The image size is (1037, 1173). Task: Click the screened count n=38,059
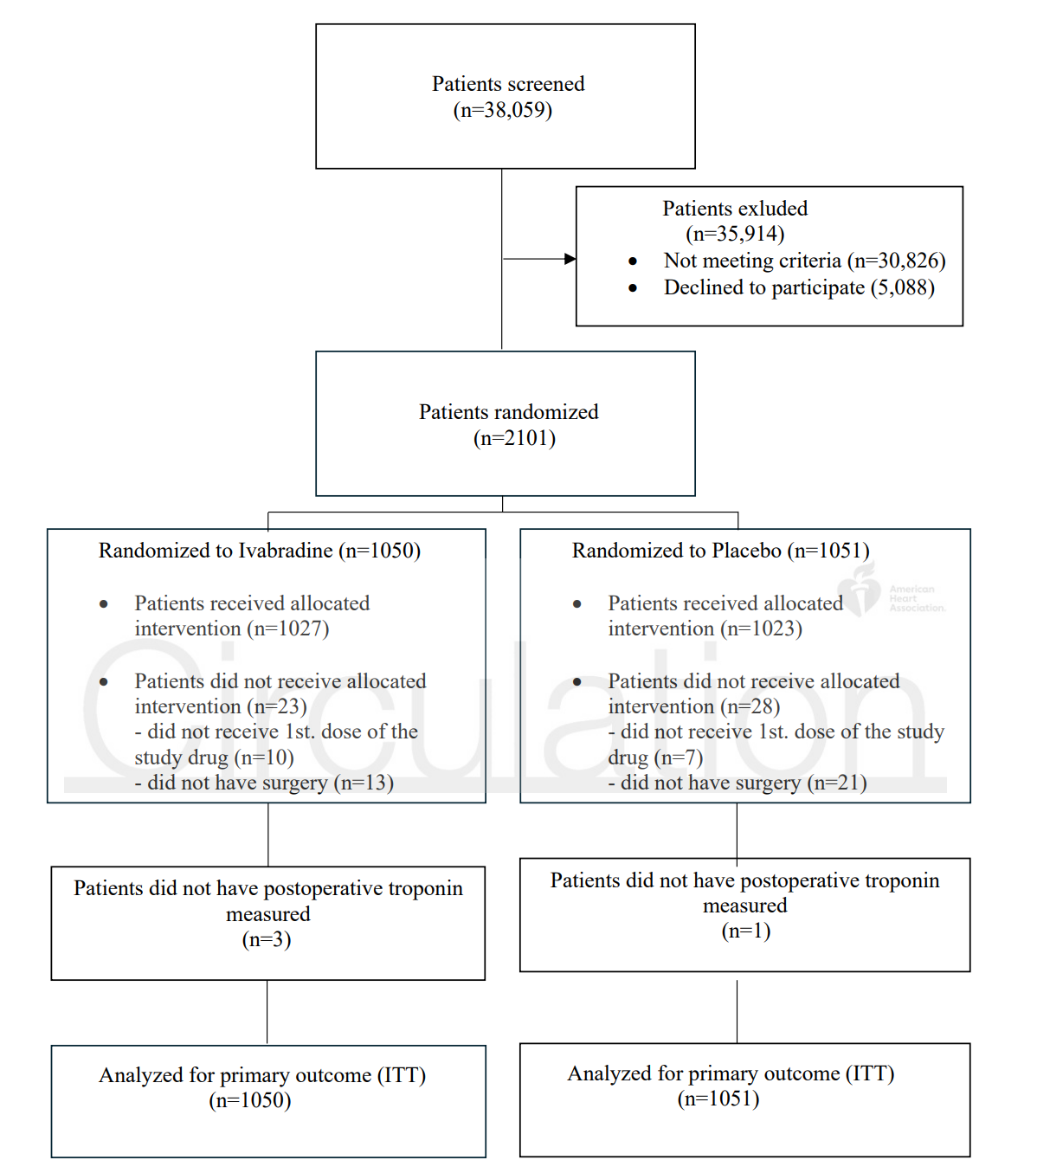[x=503, y=110]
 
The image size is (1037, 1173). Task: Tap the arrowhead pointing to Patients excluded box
[x=570, y=259]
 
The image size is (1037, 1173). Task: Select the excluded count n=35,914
[x=736, y=234]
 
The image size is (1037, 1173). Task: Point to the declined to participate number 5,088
[x=903, y=287]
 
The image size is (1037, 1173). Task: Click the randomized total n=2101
[x=515, y=438]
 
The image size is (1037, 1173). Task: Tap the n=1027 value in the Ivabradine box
[x=288, y=628]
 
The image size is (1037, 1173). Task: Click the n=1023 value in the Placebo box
[x=762, y=628]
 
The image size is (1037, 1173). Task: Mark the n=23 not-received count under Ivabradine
[x=277, y=707]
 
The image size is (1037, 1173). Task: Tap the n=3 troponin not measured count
[x=267, y=939]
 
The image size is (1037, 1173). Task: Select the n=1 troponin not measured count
[x=746, y=931]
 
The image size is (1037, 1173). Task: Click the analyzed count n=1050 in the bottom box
[x=250, y=1100]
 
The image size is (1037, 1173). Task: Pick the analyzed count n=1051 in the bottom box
[x=718, y=1099]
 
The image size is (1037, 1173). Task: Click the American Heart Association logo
[x=891, y=591]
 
